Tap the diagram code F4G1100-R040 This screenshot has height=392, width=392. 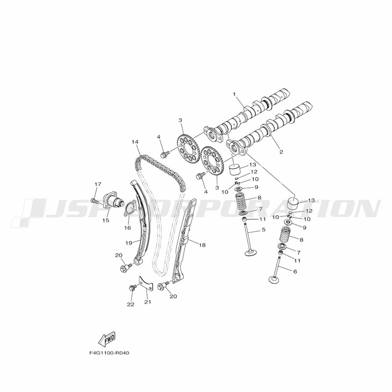coord(109,353)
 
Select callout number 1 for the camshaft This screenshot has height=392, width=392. coord(234,94)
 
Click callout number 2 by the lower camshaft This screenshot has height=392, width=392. coord(281,152)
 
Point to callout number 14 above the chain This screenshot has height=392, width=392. coord(135,142)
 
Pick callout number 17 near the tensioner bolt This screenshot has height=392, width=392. coord(98,184)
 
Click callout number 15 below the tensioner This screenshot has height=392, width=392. coord(106,220)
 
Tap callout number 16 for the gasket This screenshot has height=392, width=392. coord(127,228)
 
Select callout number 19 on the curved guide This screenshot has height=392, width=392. coord(129,243)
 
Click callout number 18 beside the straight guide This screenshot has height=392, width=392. coord(202,245)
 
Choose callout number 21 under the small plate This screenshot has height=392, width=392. coord(148,302)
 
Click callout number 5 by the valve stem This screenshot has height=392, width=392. coord(263,229)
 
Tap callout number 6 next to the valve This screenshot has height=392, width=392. coord(295,272)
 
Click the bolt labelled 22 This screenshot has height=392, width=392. coord(132,287)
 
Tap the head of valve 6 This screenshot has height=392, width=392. coord(275,279)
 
